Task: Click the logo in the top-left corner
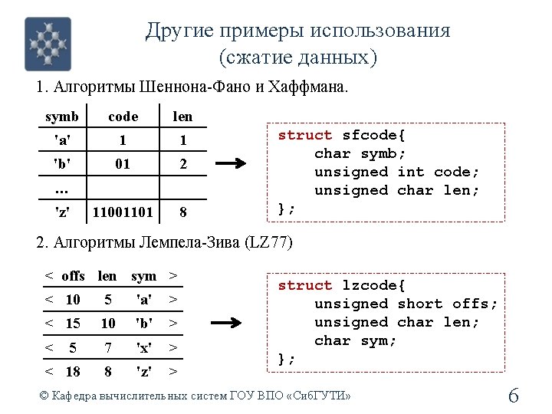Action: (48, 44)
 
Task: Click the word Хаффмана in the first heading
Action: (312, 87)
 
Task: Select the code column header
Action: (123, 117)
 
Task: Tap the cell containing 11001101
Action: (123, 211)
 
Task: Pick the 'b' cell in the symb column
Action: (61, 164)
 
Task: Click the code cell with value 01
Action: (123, 164)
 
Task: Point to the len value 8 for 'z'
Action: (182, 211)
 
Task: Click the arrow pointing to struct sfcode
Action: (229, 163)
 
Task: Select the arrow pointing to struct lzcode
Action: (229, 323)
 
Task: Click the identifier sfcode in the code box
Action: (374, 135)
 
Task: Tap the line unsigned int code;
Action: (396, 172)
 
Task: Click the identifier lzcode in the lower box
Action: (374, 285)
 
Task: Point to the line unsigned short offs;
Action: (406, 304)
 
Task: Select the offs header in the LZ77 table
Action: (73, 276)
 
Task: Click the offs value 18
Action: (73, 372)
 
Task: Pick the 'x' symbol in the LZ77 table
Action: (143, 348)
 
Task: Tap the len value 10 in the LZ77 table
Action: (108, 324)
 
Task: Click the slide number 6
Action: (514, 396)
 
